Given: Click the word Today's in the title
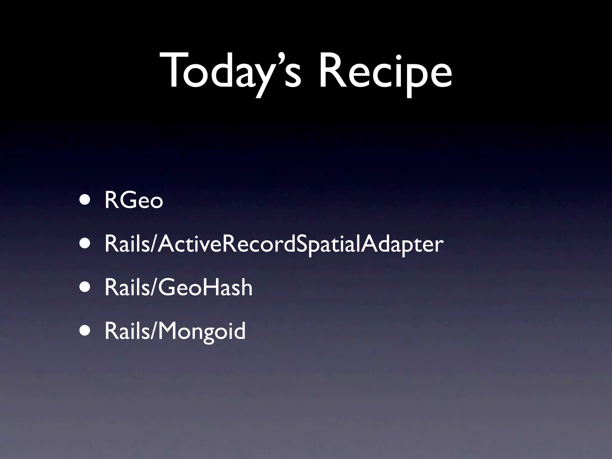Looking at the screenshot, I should [x=230, y=72].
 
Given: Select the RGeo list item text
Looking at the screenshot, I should [x=134, y=201].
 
